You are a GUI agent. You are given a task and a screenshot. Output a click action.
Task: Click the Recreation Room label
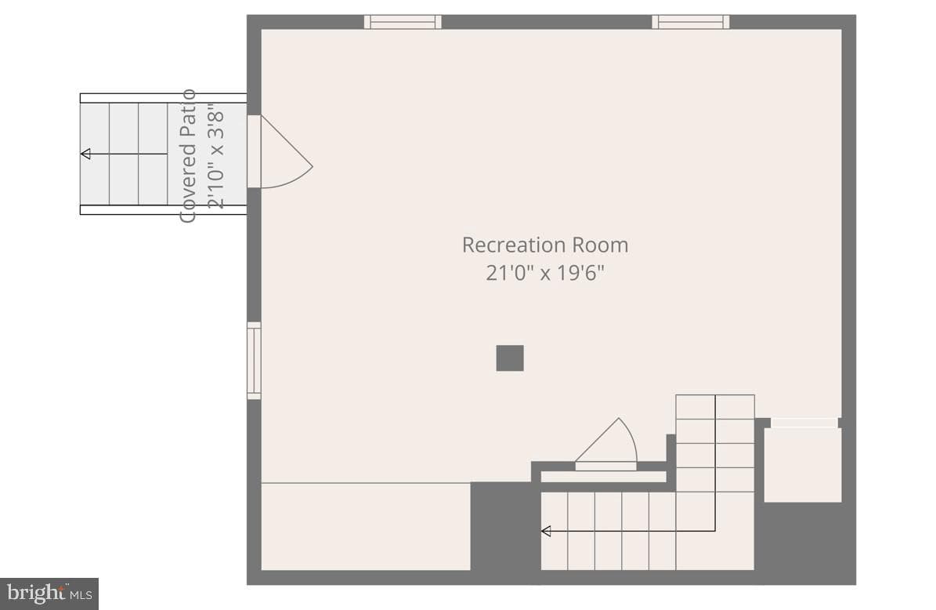point(545,245)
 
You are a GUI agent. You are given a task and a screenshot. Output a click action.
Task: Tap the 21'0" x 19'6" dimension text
point(545,273)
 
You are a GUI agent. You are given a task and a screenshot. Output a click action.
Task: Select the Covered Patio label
point(188,156)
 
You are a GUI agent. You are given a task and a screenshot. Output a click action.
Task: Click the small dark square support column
point(510,358)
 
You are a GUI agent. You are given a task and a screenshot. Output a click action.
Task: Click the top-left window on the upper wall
point(403,22)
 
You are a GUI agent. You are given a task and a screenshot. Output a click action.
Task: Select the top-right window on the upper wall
point(691,22)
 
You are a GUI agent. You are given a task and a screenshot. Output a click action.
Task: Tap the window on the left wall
point(255,360)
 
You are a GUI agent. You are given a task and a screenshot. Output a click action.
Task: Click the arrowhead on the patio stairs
point(85,154)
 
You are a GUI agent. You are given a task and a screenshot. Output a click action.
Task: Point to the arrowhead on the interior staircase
point(546,531)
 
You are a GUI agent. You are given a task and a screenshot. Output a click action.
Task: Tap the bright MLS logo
point(49,594)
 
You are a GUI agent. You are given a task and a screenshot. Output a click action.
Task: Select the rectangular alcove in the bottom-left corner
point(366,526)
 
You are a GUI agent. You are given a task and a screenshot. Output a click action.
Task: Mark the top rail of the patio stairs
point(163,98)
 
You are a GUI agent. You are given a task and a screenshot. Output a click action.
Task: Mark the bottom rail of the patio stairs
point(163,209)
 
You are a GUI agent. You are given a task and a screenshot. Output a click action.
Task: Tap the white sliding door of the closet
point(804,423)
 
